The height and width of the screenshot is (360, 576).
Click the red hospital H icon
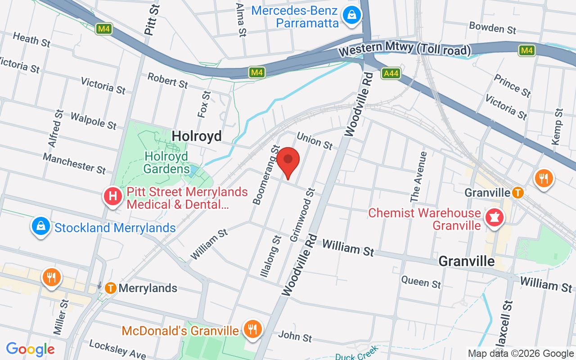(x=113, y=196)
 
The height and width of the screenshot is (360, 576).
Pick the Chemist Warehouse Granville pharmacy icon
(x=495, y=218)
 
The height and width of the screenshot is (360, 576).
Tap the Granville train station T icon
(x=518, y=193)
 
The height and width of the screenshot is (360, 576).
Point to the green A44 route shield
(x=391, y=73)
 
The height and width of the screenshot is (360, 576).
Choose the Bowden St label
(x=492, y=28)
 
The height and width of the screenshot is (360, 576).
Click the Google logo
(x=31, y=349)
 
